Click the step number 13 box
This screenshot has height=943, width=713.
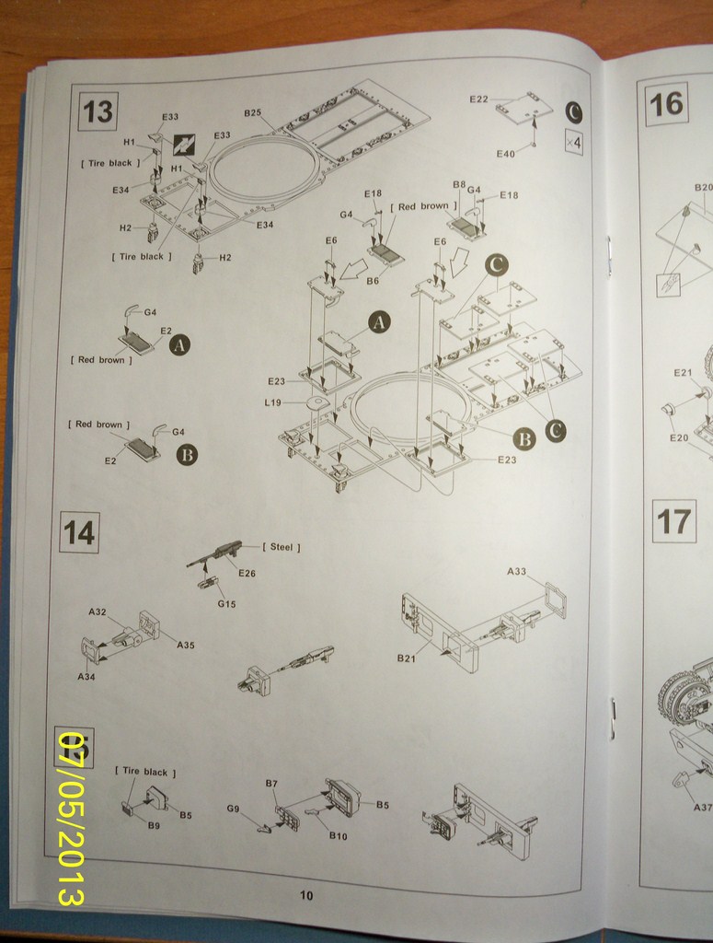coord(97,111)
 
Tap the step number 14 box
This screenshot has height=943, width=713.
coord(78,532)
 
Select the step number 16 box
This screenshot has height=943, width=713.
coord(665,103)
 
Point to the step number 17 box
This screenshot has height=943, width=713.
coord(673,522)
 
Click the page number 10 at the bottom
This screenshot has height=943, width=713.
coord(306,895)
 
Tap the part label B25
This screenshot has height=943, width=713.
coord(252,112)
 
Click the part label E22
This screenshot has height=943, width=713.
coord(478,99)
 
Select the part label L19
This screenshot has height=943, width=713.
coord(272,402)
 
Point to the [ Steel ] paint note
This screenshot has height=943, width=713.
coord(282,547)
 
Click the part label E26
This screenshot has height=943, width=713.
coord(247,573)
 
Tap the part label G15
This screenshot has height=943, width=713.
coord(226,604)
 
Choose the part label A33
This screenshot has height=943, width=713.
coord(517,571)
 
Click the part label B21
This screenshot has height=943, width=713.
coord(407,658)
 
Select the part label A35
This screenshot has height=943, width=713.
coord(186,645)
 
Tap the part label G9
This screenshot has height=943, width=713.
coord(233,809)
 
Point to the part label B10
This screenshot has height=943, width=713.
coord(338,835)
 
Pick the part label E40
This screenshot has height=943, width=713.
coord(505,154)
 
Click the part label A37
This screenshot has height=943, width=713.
coord(702,807)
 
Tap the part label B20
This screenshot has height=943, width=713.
coord(703,187)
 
